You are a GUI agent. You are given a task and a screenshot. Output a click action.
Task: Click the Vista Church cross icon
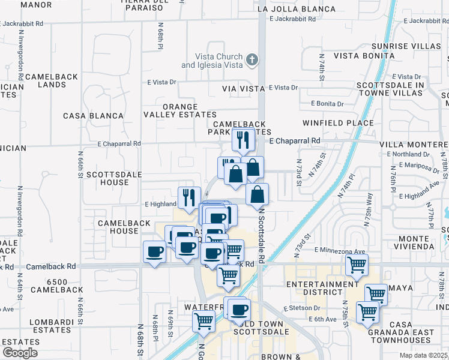point(252,59)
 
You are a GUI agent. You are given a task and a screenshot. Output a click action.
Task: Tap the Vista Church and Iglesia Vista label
point(212,61)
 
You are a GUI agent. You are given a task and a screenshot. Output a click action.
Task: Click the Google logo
point(20,353)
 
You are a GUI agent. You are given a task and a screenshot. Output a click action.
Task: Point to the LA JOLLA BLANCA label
point(296,9)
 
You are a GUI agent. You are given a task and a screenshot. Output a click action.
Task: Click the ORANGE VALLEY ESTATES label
point(180,110)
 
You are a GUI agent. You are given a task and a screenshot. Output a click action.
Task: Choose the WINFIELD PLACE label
point(346,123)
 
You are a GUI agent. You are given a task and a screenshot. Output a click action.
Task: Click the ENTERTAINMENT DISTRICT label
point(322,288)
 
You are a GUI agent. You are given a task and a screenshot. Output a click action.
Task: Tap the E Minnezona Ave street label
point(340,251)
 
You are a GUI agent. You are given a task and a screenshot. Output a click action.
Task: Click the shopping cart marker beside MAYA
point(375,294)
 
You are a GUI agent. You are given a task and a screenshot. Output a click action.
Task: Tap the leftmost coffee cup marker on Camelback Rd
point(155,252)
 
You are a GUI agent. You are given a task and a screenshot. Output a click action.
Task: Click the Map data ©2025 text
point(424,355)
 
